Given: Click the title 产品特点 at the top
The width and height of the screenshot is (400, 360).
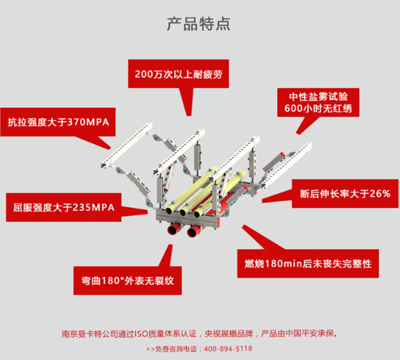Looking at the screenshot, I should point(199,24).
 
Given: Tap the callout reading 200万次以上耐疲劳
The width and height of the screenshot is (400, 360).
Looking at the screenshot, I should point(181,74).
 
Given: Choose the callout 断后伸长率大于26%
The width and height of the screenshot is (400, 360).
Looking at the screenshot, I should point(344,193).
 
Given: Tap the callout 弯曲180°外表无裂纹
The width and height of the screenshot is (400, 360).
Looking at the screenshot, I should point(126,281).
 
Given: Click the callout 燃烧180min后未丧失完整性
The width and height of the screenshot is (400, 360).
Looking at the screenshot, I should point(314,263).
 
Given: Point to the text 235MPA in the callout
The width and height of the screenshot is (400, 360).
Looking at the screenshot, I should point(97,206).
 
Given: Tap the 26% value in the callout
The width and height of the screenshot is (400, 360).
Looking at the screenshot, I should point(378,193).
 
